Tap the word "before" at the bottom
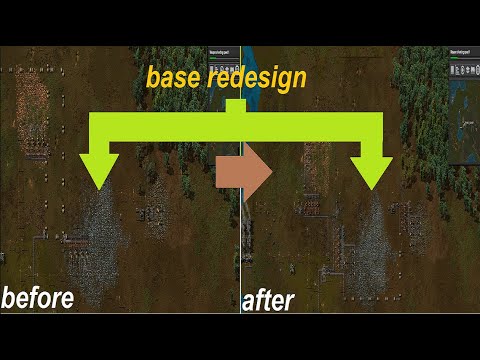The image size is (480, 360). coord(38,297)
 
